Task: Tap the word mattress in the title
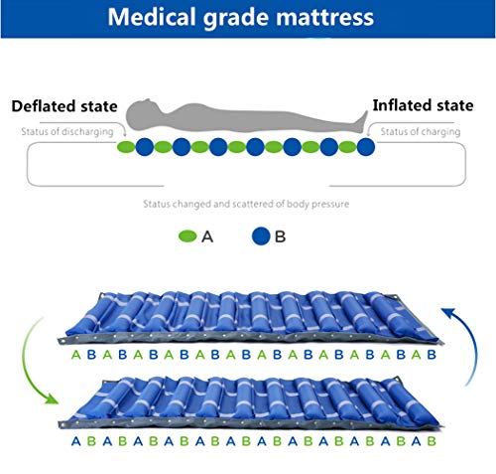[325, 18]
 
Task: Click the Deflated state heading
[64, 106]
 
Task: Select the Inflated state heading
[423, 105]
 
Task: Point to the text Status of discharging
[67, 132]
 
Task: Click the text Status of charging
[421, 132]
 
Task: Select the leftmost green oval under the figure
[126, 147]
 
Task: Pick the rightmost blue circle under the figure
[366, 147]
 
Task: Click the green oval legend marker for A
[187, 237]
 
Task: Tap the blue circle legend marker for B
[261, 237]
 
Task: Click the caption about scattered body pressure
[246, 204]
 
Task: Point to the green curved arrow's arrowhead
[51, 398]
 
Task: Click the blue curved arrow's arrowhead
[449, 312]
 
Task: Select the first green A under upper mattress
[76, 355]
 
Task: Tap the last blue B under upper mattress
[432, 355]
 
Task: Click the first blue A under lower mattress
[76, 441]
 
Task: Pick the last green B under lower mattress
[432, 441]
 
